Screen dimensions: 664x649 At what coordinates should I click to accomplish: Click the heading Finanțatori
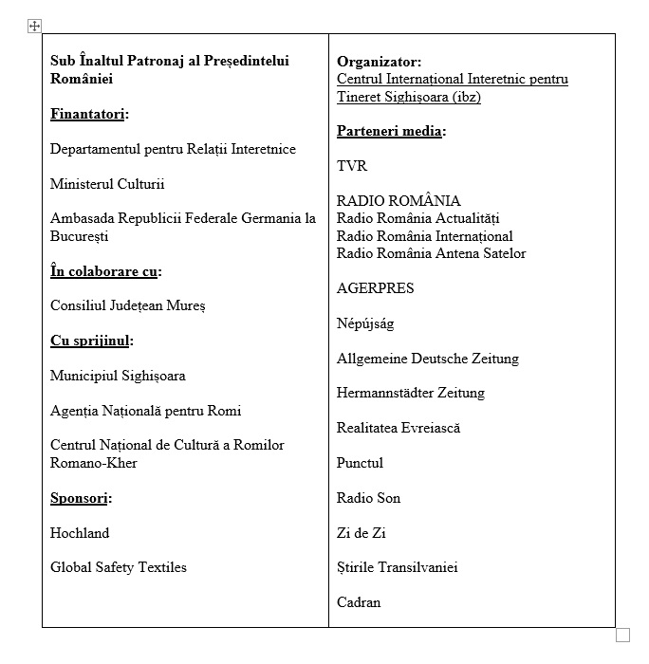coord(87,115)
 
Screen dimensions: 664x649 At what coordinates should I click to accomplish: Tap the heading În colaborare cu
coord(104,271)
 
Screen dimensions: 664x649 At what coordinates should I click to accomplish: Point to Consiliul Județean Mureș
coord(127,305)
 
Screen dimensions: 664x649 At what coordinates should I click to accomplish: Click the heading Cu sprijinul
coord(90,341)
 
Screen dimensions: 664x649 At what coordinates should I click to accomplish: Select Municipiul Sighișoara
coord(118,376)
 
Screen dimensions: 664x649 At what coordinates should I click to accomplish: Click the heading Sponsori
coord(80,498)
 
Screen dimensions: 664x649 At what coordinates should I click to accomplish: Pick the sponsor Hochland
coord(80,533)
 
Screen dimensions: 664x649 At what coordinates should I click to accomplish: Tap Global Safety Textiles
coord(119,567)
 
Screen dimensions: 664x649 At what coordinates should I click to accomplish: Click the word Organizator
coord(378,62)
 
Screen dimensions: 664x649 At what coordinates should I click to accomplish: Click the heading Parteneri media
coord(390,131)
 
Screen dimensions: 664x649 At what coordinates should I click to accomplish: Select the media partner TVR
coord(351,166)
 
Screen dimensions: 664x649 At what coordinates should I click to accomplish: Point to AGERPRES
coord(375,288)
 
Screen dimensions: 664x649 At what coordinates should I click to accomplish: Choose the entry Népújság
coord(365,323)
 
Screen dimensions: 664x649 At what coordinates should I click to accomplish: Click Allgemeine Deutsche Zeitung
coord(428,359)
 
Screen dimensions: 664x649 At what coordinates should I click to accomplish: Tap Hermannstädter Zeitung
coord(411,393)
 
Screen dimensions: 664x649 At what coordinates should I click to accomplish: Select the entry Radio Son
coord(368,498)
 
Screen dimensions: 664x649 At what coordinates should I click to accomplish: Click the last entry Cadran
coord(359,602)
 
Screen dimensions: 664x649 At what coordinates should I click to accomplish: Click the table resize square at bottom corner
coord(623,635)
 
